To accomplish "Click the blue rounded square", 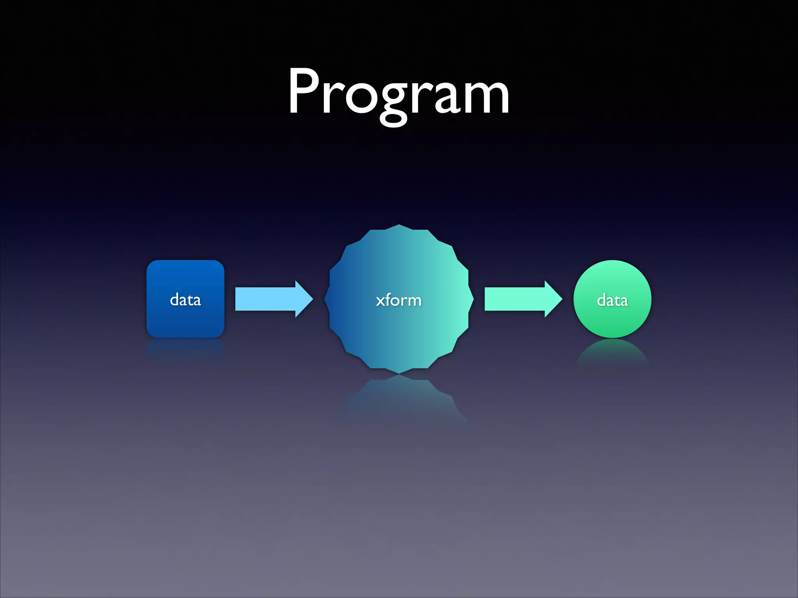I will coord(185,280).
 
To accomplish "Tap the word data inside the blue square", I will coord(185,300).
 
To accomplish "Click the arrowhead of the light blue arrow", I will coord(304,299).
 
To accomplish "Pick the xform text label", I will coord(399,300).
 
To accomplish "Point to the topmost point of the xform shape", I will coord(399,225).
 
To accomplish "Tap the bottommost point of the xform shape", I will coord(399,373).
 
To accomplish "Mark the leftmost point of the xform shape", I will coord(325,299).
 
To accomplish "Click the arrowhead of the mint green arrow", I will coord(553,299).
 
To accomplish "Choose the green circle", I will coord(612,280).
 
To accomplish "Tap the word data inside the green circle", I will coord(612,300).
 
